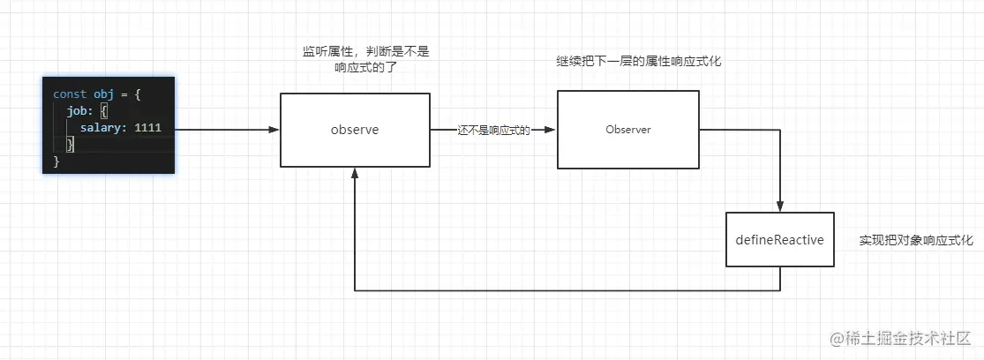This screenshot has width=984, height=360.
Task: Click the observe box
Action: pyautogui.click(x=355, y=130)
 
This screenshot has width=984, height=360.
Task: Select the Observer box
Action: pyautogui.click(x=628, y=130)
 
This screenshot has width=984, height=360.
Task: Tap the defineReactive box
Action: pyautogui.click(x=779, y=239)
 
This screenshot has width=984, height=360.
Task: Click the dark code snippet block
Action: pyautogui.click(x=109, y=124)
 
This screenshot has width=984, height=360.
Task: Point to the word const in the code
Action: pyautogui.click(x=71, y=94)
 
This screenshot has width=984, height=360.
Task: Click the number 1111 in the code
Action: pyautogui.click(x=148, y=128)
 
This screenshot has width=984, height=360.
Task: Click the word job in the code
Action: pyautogui.click(x=76, y=111)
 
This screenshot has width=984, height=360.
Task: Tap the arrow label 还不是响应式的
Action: pyautogui.click(x=494, y=130)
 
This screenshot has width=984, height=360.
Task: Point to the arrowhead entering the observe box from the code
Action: pyautogui.click(x=274, y=130)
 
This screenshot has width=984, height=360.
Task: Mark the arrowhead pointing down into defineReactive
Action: pyautogui.click(x=781, y=206)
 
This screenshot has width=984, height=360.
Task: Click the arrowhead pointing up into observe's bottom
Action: pyautogui.click(x=355, y=173)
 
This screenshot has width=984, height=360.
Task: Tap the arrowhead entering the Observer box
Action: pyautogui.click(x=551, y=130)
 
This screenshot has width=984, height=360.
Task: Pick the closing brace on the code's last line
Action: pyautogui.click(x=56, y=161)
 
